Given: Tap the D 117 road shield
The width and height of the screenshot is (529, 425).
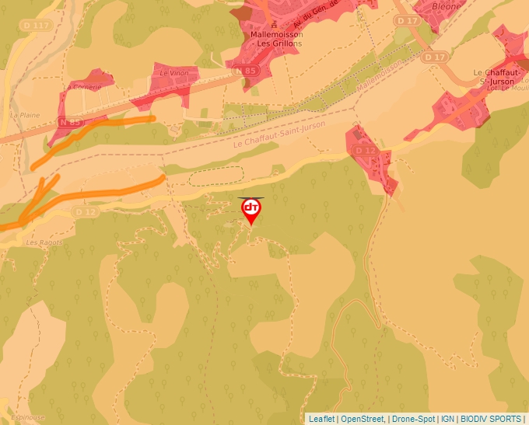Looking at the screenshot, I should click(x=37, y=26).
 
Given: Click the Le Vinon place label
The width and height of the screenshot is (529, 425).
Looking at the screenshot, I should click(x=173, y=73).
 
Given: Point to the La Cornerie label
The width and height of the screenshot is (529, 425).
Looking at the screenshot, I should click(x=83, y=87).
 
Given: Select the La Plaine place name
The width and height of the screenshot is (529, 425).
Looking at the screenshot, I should click(x=25, y=115).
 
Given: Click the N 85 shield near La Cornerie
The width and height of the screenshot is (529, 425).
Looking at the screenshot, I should click(x=71, y=122).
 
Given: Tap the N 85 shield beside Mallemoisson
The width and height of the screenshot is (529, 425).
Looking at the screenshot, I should click(x=246, y=71).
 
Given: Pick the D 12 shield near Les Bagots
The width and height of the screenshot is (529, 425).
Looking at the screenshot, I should click(x=86, y=212).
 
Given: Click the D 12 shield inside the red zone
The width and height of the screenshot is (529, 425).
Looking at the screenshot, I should click(x=364, y=149).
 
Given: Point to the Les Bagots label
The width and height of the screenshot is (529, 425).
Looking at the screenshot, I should click(x=44, y=242).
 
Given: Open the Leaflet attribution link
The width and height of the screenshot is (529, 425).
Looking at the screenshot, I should click(x=321, y=419).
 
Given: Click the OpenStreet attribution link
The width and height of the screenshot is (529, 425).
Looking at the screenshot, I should click(x=362, y=419).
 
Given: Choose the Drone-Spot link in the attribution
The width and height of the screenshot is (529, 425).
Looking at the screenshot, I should click(x=413, y=419).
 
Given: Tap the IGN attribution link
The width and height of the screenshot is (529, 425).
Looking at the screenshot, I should click(x=448, y=419).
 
